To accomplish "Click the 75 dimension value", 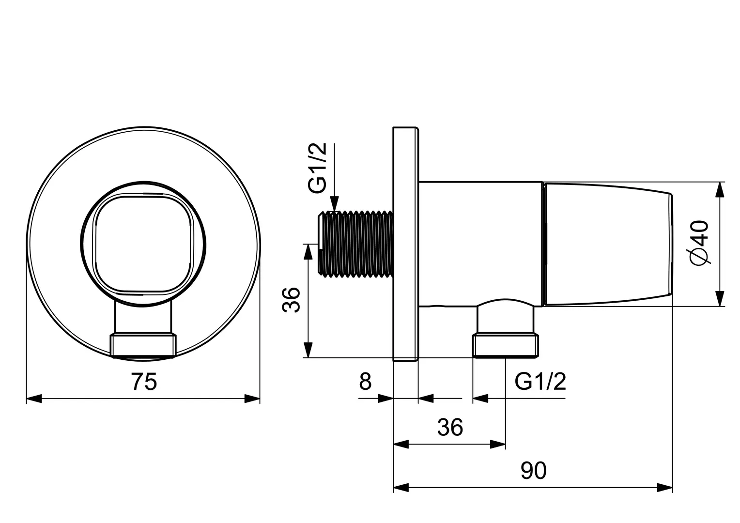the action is tap(144, 382).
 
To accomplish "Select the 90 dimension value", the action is tap(534, 471).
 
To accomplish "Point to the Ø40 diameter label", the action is tap(700, 243).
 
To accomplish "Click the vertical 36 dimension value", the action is tap(291, 300).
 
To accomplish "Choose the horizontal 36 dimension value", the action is tap(450, 428).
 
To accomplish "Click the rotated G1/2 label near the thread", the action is tap(317, 168).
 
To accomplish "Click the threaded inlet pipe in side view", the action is tap(355, 244).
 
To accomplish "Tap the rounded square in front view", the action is tap(143, 244).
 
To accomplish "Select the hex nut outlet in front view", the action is tap(143, 346).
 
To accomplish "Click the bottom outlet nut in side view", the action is tap(506, 346).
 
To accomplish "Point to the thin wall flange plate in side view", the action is tap(406, 244).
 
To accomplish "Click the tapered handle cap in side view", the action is tap(608, 244).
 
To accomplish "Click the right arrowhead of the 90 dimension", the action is tap(664, 488).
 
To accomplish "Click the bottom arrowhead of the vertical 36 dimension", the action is tap(308, 350).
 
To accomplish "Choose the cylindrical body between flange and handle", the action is tap(481, 244).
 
